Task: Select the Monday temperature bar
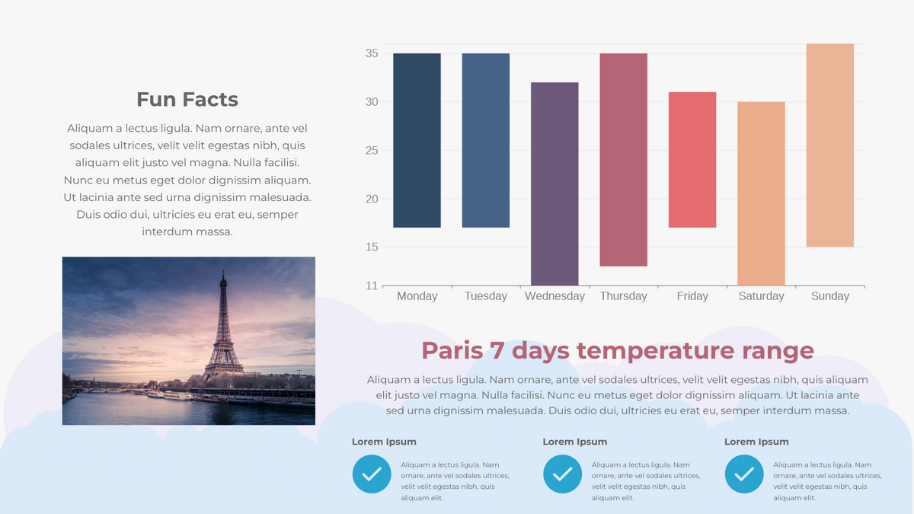[417, 140]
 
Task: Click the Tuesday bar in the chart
[486, 140]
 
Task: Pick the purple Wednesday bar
[554, 184]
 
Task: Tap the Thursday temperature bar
[624, 160]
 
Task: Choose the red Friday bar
[692, 160]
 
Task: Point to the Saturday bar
[761, 193]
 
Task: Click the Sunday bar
[830, 145]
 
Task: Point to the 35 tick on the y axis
[372, 53]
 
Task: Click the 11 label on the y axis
[372, 286]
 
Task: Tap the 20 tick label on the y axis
[372, 199]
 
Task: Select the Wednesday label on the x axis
[554, 296]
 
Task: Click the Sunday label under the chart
[830, 296]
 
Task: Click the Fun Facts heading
[187, 100]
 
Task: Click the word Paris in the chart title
[452, 350]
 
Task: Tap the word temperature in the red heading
[655, 351]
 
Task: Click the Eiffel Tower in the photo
[223, 327]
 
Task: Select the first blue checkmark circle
[372, 474]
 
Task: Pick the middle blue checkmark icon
[562, 474]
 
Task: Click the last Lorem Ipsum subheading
[756, 442]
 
